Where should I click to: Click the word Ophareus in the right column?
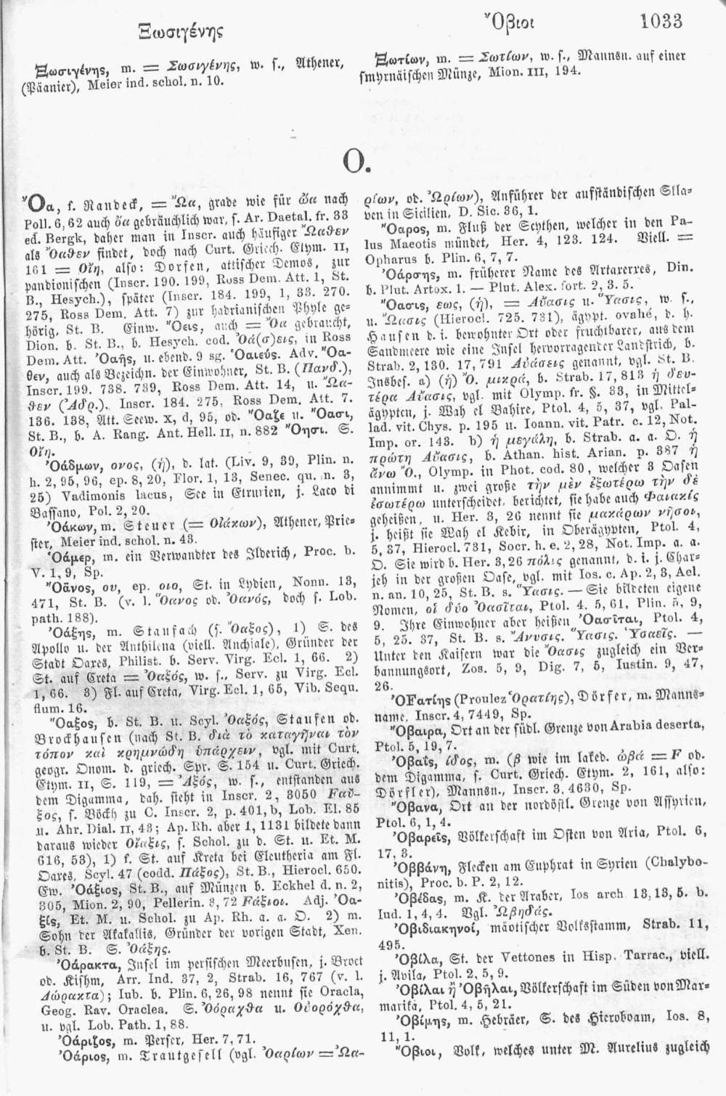click(402, 256)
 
